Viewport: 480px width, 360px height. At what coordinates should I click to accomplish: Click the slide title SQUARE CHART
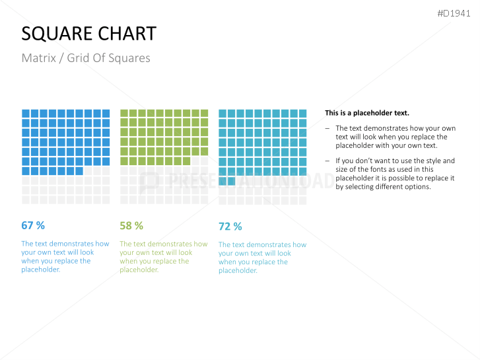point(88,34)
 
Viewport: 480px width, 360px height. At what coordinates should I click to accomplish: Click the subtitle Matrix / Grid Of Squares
point(86,58)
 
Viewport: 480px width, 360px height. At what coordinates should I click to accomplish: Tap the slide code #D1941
point(455,13)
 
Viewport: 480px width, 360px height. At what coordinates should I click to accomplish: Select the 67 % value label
point(33,225)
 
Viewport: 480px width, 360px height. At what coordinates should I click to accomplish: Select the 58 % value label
point(131,225)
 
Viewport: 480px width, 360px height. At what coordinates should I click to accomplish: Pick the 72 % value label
point(230,226)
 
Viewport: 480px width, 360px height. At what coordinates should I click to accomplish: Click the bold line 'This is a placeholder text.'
point(366,113)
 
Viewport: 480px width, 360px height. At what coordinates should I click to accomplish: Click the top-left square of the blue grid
point(26,114)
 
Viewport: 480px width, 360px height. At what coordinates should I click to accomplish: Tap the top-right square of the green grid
point(204,114)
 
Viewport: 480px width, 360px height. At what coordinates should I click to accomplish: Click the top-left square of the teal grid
point(223,114)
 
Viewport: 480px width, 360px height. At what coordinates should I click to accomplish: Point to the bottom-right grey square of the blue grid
point(106,199)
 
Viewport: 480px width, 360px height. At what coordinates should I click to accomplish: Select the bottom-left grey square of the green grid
point(124,199)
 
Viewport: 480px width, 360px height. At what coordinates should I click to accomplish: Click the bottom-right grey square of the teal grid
point(302,199)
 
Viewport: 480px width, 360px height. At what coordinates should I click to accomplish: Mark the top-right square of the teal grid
point(302,114)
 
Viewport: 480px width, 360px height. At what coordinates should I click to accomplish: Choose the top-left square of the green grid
point(124,114)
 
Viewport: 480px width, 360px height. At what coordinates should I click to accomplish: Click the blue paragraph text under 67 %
point(65,256)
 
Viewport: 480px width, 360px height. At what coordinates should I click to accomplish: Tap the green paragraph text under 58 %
point(163,256)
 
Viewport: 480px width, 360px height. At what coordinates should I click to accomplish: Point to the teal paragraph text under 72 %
point(262,257)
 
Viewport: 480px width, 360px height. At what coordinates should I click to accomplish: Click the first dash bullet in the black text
point(328,128)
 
